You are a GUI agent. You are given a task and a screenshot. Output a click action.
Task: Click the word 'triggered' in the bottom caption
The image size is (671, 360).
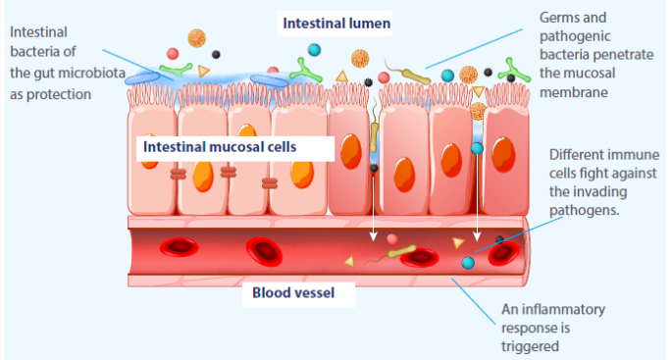pyautogui.click(x=530, y=345)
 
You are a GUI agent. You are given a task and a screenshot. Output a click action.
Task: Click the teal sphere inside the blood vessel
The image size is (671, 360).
pyautogui.click(x=469, y=262)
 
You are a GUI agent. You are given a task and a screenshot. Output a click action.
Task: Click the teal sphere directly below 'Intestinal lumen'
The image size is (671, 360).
pyautogui.click(x=314, y=49)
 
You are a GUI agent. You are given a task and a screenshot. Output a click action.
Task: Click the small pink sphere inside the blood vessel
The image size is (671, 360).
pyautogui.click(x=391, y=238)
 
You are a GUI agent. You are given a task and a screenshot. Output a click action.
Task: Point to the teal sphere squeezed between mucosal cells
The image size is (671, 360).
pyautogui.click(x=477, y=148)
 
